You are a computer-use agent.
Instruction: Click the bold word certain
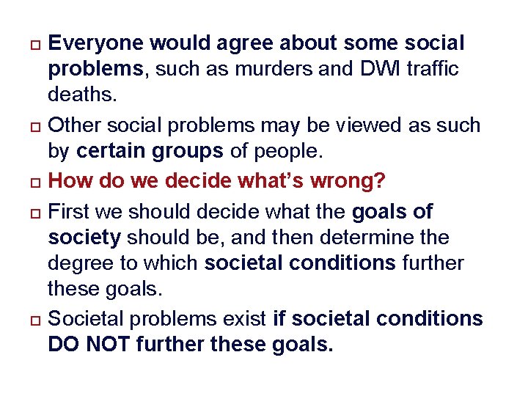pos(111,153)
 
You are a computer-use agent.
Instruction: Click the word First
pos(67,212)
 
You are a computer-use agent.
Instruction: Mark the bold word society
pos(83,238)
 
